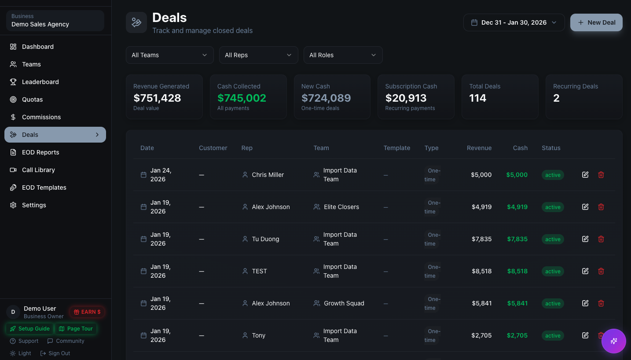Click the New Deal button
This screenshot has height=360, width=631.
click(596, 22)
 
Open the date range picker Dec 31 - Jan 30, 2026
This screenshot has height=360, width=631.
click(514, 22)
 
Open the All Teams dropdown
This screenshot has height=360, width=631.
click(169, 55)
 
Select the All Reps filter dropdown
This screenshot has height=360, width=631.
click(258, 55)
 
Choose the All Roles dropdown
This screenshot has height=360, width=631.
click(343, 55)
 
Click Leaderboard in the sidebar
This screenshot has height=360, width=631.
click(40, 82)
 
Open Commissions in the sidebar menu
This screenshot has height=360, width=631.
click(41, 117)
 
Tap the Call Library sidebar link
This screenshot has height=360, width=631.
click(38, 170)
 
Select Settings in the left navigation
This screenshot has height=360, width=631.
click(34, 205)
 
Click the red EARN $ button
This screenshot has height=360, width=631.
click(87, 312)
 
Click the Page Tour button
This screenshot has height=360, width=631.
click(76, 329)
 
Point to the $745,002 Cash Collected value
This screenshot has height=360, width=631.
click(242, 98)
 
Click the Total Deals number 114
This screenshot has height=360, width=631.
click(477, 98)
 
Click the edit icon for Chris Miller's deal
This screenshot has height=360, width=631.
click(585, 175)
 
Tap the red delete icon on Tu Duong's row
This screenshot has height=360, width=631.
click(601, 239)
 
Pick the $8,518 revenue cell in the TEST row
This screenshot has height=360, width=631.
click(481, 271)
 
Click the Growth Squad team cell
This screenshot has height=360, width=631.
click(344, 303)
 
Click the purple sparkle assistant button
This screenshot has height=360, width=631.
click(613, 341)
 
